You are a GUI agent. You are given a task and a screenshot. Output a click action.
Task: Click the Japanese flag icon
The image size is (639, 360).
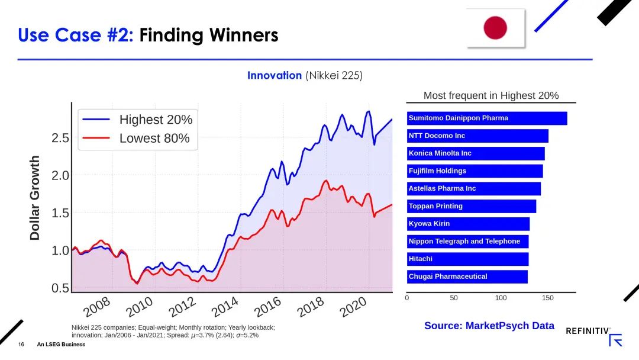pyautogui.click(x=495, y=28)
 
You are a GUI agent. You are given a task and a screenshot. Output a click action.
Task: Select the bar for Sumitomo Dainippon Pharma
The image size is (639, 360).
pyautogui.click(x=486, y=118)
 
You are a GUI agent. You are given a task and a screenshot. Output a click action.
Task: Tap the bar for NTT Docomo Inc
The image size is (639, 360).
pyautogui.click(x=477, y=136)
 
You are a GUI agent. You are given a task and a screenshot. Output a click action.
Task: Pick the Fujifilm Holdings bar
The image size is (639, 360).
pyautogui.click(x=475, y=171)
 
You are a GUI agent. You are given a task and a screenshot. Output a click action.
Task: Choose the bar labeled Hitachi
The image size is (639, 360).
pyautogui.click(x=467, y=259)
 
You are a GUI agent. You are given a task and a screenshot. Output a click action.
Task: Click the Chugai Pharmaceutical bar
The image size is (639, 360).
pyautogui.click(x=467, y=277)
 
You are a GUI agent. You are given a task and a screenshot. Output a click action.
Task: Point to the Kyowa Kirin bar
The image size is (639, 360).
pyautogui.click(x=468, y=224)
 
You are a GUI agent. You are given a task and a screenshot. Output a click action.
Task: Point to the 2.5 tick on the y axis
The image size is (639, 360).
pyautogui.click(x=60, y=138)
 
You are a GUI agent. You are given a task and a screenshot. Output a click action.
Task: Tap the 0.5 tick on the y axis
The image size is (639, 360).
pyautogui.click(x=60, y=288)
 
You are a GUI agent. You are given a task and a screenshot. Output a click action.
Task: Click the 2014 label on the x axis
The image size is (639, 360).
pyautogui.click(x=225, y=307)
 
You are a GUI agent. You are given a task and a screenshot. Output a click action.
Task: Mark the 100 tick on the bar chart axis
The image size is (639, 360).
pyautogui.click(x=501, y=298)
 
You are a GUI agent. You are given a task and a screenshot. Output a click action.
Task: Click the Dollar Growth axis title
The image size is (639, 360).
pyautogui.click(x=35, y=198)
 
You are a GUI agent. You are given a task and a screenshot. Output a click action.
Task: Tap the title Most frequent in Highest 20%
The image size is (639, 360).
pyautogui.click(x=491, y=95)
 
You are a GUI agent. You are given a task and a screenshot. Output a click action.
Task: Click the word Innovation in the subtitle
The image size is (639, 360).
pyautogui.click(x=275, y=76)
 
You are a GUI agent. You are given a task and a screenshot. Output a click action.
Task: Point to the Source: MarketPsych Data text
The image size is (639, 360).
pyautogui.click(x=489, y=326)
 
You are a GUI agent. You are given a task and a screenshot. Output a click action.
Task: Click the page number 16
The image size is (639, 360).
pyautogui.click(x=21, y=345)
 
